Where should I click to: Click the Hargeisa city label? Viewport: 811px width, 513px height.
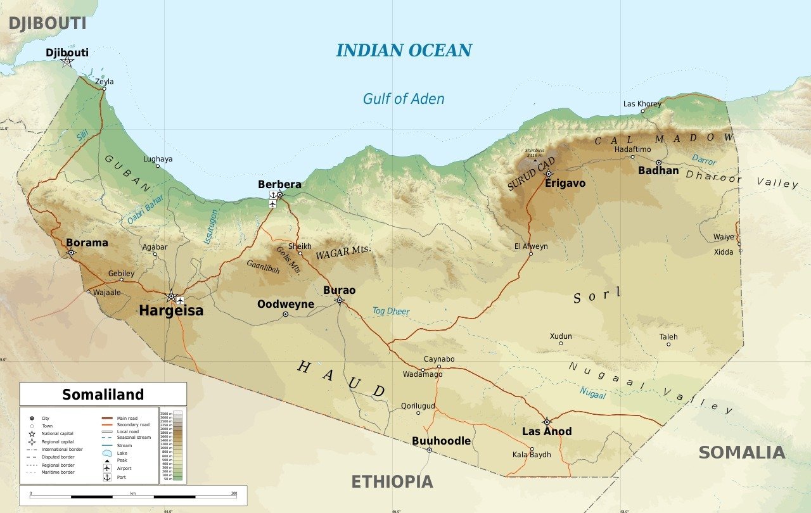coord(171,310)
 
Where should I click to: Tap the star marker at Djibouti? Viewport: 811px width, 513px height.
coord(67,61)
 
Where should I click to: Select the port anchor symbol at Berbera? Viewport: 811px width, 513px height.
coord(272,204)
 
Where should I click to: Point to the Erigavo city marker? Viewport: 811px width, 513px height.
coord(549,174)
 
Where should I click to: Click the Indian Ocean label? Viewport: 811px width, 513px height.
coord(404,51)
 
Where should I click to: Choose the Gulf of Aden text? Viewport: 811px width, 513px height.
coord(404,99)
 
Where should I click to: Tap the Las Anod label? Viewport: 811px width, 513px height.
coord(547,432)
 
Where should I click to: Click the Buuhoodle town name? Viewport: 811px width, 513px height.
coord(441,441)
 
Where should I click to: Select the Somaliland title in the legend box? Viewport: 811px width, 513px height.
coord(103,395)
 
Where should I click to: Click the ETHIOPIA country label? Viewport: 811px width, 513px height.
coord(392,482)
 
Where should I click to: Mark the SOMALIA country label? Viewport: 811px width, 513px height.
coord(742,453)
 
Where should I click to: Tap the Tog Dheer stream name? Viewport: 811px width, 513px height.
coord(391,311)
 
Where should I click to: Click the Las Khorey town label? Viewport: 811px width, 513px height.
coord(642,104)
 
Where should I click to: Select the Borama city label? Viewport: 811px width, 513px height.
coord(87,243)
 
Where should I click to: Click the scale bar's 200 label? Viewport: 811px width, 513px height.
coord(234,493)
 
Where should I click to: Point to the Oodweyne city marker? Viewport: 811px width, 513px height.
coord(285,314)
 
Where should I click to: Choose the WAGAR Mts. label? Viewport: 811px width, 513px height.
coord(343,253)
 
